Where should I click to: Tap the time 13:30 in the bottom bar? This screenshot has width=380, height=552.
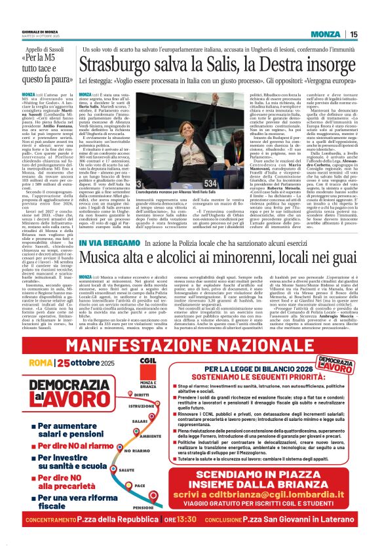[191, 537]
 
